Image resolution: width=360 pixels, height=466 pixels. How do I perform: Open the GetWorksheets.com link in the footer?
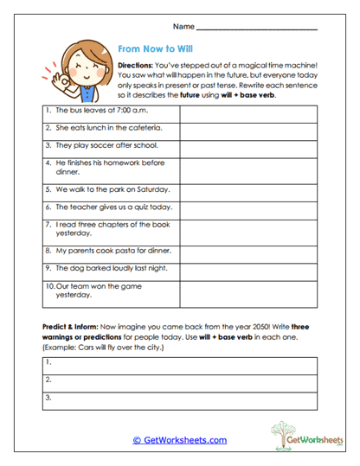point(179,440)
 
